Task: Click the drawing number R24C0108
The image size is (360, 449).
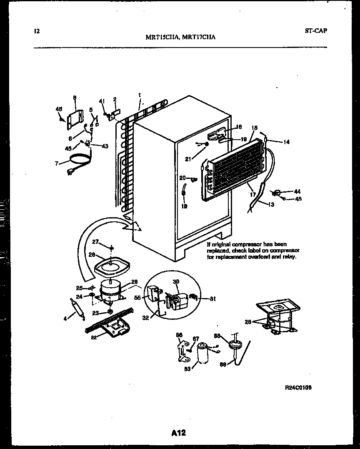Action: point(298,387)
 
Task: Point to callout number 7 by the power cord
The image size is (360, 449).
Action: point(57,163)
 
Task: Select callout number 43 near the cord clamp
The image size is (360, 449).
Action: point(105,145)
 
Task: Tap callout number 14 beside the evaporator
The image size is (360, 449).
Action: point(286,142)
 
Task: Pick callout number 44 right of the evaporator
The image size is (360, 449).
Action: point(297,191)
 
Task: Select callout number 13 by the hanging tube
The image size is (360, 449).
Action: point(271,205)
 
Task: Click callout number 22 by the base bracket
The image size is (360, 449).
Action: point(94,337)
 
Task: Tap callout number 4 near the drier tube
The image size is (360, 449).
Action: point(65,319)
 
